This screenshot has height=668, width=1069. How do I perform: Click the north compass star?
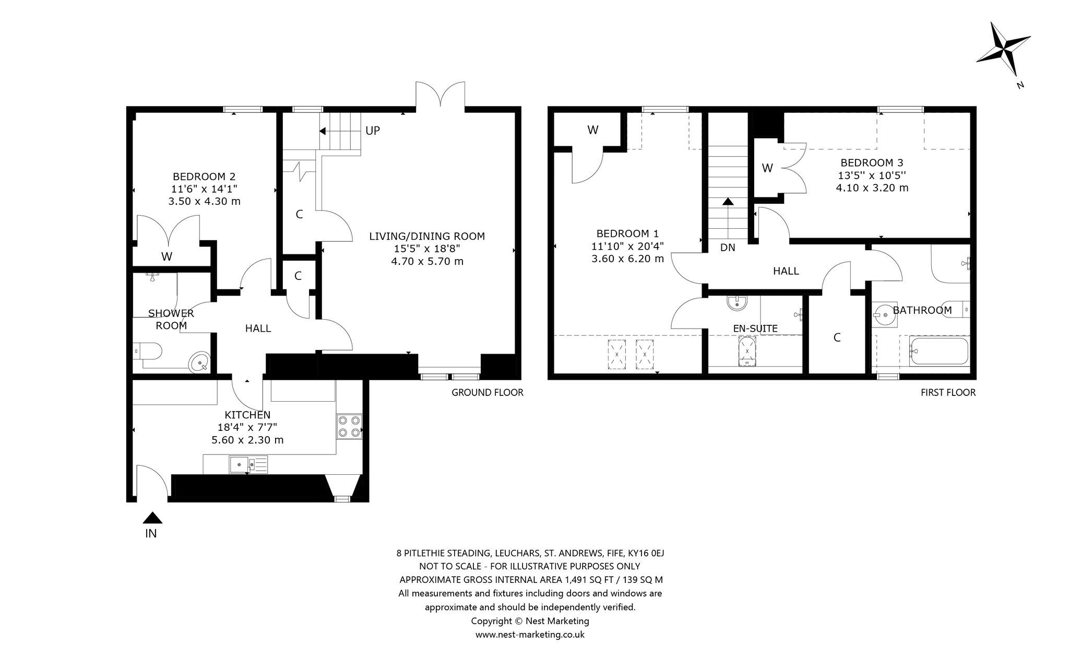[1003, 51]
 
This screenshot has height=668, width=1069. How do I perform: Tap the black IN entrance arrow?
[152, 518]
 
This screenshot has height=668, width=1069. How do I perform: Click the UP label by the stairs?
[373, 131]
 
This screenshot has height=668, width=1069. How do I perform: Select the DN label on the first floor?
[728, 248]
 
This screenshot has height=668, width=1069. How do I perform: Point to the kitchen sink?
[248, 464]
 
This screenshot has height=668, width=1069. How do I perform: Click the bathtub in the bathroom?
[939, 350]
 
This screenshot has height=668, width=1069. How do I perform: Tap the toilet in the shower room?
[149, 350]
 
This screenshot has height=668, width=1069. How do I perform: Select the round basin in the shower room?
[200, 361]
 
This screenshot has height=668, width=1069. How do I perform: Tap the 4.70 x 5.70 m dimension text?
[427, 261]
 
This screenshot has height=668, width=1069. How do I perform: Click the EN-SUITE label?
[755, 329]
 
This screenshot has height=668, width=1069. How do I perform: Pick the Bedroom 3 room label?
[872, 162]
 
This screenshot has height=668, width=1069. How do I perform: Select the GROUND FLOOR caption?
[487, 392]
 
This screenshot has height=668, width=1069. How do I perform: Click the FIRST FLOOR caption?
[948, 392]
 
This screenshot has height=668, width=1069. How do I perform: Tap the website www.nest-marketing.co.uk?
[530, 635]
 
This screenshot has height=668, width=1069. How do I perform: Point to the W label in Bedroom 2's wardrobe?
[167, 256]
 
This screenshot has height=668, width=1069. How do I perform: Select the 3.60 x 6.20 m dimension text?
[627, 259]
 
